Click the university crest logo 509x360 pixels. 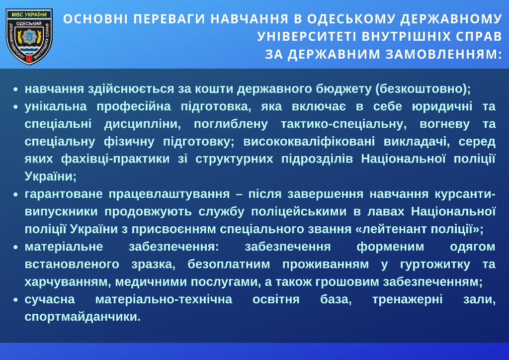coord(29,36)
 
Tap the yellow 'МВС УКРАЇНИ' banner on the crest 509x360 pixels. coord(29,14)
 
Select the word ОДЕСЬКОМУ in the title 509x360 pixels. coord(351,19)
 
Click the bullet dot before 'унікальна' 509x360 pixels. coord(15,107)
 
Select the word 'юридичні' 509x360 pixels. coord(442,106)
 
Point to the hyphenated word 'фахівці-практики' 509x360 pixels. coord(115,159)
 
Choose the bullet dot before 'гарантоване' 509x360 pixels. coord(15,194)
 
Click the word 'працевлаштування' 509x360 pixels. coord(169,194)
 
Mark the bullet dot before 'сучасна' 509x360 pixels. coord(15,300)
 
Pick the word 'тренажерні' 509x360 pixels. coord(408,299)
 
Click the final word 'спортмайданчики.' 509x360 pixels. coord(83,317)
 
